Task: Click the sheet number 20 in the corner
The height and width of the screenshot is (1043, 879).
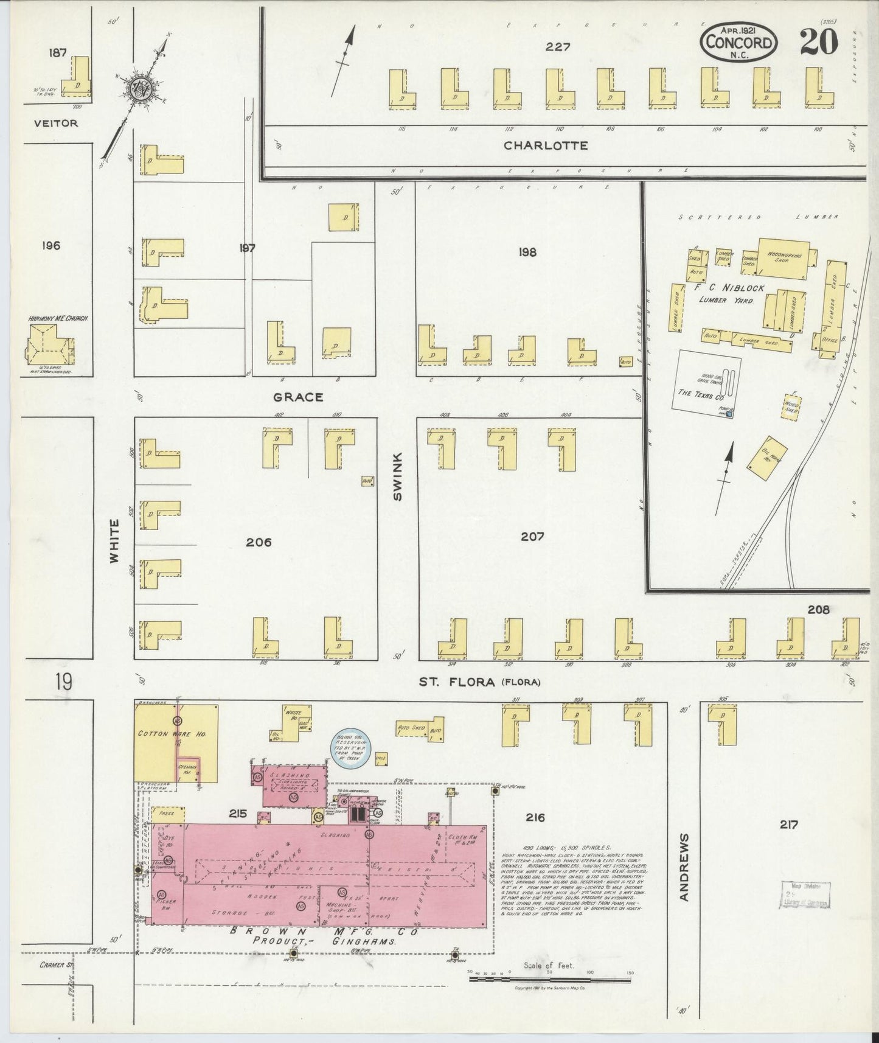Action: tap(819, 42)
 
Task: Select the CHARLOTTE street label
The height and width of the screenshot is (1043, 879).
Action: tap(546, 145)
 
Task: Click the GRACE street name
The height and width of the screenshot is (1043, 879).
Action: tap(298, 397)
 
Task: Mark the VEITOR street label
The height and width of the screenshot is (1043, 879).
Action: tap(56, 123)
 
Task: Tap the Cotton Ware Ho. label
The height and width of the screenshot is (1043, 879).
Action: tap(172, 734)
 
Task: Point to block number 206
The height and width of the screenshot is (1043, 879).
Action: tap(259, 542)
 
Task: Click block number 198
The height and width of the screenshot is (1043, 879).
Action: tap(527, 252)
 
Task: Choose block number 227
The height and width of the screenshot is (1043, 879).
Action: tap(557, 46)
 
